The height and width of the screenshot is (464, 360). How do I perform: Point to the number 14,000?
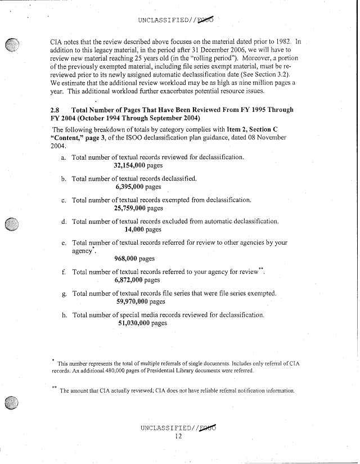tap(134, 229)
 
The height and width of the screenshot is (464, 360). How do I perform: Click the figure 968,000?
tap(126, 259)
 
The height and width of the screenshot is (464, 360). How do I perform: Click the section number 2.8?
tap(56, 110)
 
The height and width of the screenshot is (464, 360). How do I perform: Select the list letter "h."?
tap(65, 314)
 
